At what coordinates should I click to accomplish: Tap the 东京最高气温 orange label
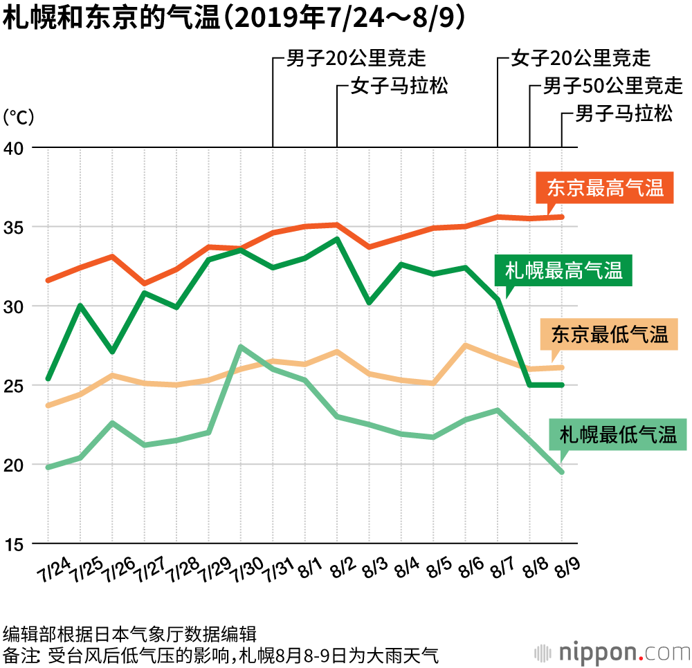(605, 188)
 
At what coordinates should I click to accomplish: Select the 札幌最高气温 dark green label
(563, 270)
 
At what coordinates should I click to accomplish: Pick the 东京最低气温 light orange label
(609, 335)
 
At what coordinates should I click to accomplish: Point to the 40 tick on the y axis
(15, 148)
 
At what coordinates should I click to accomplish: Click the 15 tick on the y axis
(15, 544)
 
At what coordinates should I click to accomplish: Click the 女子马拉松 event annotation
(399, 86)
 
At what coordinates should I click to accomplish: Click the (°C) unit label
(19, 116)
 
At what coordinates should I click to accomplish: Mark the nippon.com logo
(612, 651)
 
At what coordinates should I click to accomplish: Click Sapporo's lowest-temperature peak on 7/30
(240, 346)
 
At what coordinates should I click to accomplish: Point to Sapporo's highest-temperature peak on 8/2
(337, 239)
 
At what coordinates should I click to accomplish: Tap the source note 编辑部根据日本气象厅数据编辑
(130, 633)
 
